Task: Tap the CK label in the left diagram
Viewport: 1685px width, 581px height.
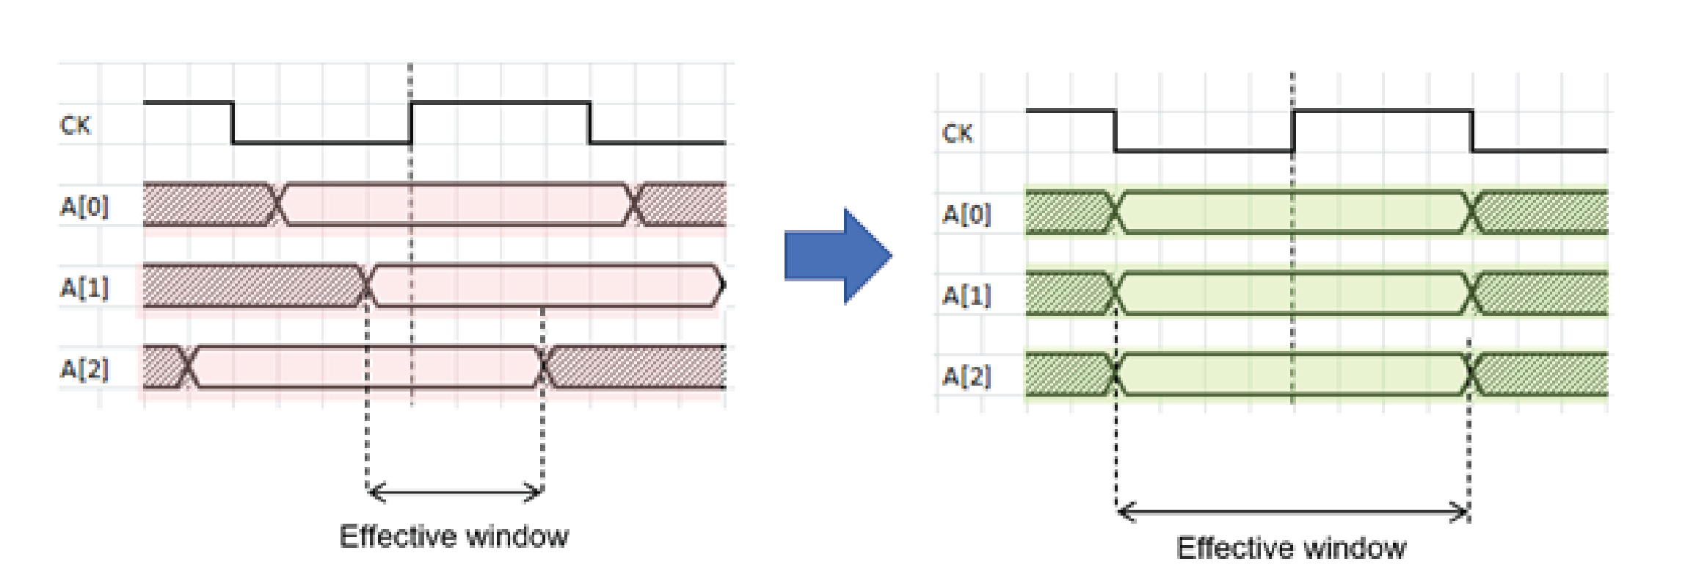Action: point(75,126)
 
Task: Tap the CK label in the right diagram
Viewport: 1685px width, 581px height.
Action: point(957,134)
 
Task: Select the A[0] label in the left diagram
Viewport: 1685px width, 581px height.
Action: point(84,207)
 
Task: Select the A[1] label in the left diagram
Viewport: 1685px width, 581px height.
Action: point(84,288)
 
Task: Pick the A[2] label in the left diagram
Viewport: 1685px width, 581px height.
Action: point(84,369)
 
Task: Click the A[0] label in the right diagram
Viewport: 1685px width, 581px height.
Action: point(966,214)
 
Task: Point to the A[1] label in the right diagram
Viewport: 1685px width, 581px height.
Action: point(966,295)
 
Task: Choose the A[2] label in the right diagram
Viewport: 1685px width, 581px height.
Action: point(966,376)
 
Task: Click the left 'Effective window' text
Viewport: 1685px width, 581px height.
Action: point(454,536)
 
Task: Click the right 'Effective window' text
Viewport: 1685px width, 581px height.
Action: point(1291,548)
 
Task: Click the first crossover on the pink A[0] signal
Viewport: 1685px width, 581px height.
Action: point(277,203)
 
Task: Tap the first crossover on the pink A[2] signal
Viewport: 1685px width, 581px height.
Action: point(188,367)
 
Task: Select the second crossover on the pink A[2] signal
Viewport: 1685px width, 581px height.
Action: point(544,367)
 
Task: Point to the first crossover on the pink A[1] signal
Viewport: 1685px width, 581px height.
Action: point(366,285)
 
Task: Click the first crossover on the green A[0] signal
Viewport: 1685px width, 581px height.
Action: point(1116,212)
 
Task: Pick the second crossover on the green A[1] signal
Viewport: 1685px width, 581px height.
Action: point(1471,294)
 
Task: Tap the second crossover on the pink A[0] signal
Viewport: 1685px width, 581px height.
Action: point(635,203)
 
